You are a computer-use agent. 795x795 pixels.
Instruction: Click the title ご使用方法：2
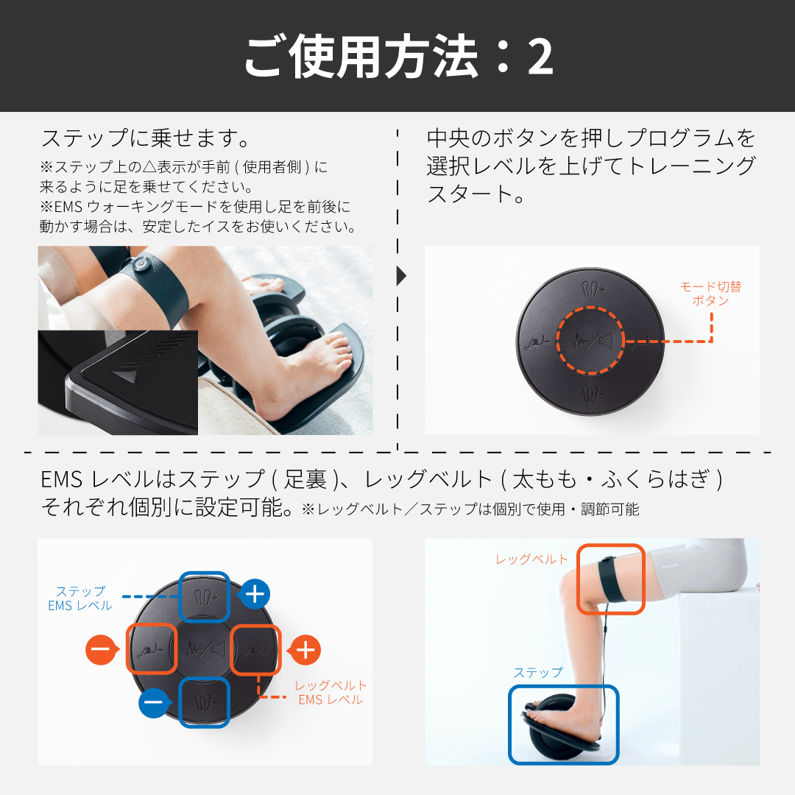[397, 57]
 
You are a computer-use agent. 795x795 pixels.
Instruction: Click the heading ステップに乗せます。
[146, 138]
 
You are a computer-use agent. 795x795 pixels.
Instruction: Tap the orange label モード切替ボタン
[710, 293]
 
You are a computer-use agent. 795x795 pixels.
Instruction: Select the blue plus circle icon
[255, 593]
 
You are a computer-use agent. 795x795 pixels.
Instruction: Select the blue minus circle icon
[153, 702]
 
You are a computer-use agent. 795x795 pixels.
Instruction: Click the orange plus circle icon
[305, 650]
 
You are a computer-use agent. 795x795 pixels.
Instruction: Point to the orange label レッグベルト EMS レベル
[331, 693]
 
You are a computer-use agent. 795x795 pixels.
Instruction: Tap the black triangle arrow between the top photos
[401, 276]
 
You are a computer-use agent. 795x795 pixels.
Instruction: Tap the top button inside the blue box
[205, 596]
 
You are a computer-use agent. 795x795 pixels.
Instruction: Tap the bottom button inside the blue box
[205, 701]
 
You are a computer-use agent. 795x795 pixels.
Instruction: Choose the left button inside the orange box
[152, 649]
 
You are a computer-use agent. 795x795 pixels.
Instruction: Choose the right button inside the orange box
[256, 649]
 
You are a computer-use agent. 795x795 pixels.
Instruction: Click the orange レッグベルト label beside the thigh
[532, 559]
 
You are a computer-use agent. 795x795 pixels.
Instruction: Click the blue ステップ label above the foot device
[537, 672]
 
